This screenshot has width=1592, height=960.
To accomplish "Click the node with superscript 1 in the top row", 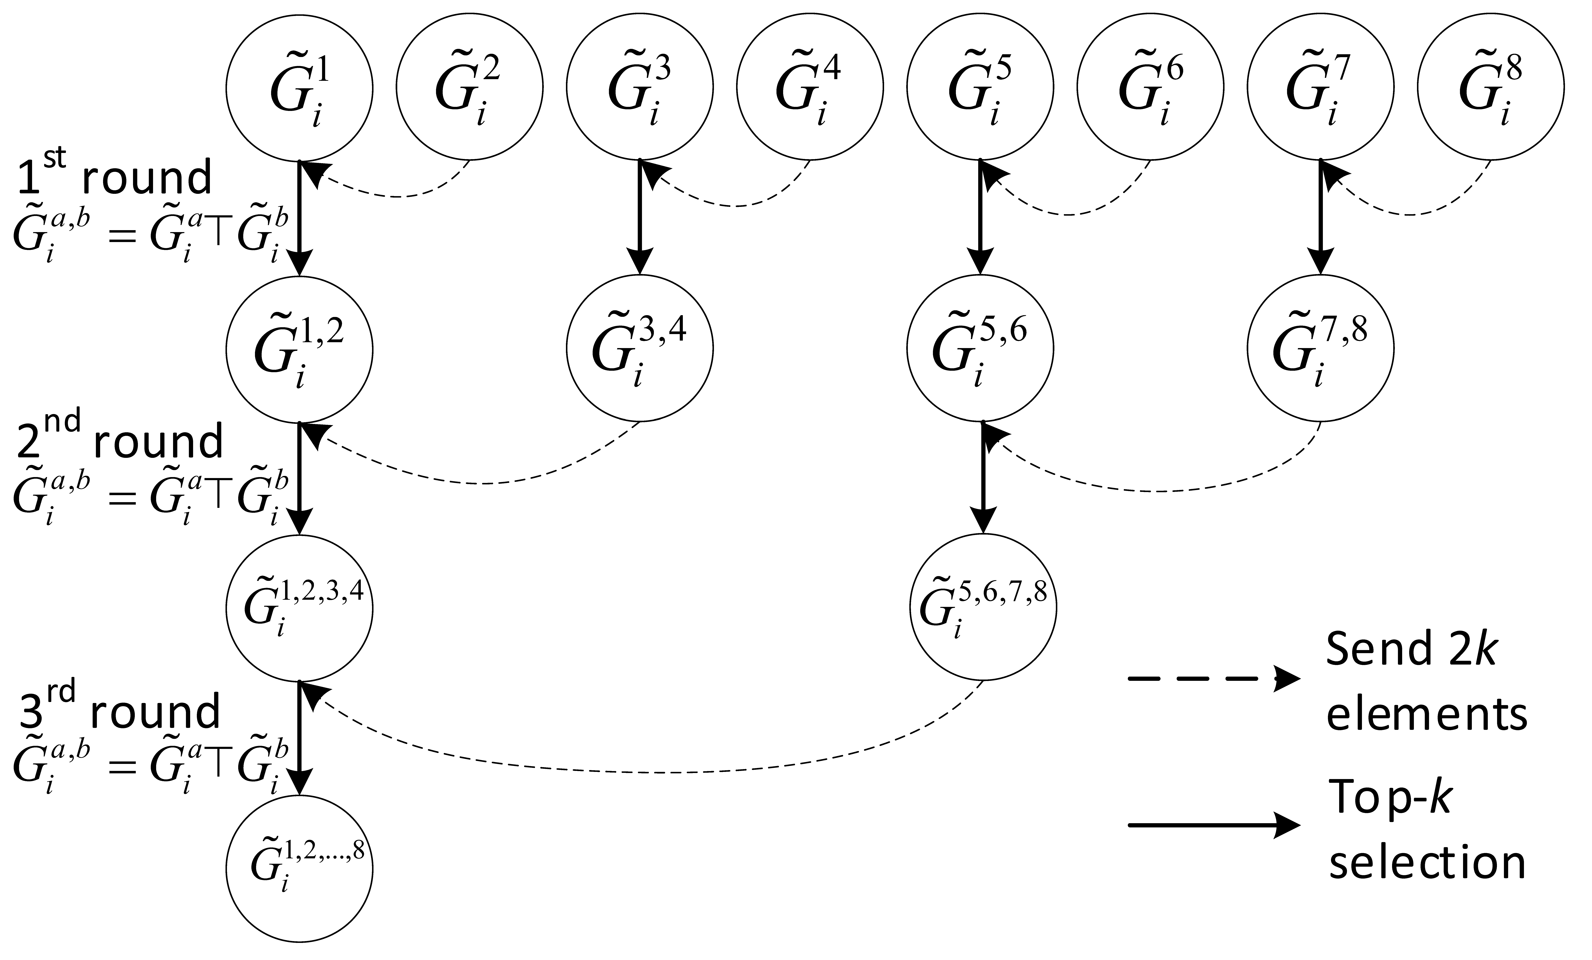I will point(299,87).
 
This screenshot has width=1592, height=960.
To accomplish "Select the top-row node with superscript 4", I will point(810,87).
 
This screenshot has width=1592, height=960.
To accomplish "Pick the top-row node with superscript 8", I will point(1491,87).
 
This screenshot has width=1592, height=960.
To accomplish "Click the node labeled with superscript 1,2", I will point(299,350).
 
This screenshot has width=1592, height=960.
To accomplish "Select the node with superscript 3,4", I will point(640,350).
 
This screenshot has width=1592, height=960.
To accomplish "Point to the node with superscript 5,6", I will point(980,350).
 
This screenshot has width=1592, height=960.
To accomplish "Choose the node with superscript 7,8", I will point(1320,350).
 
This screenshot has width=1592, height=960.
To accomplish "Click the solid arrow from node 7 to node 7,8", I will point(1320,217).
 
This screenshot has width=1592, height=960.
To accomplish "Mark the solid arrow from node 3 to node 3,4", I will point(640,217).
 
